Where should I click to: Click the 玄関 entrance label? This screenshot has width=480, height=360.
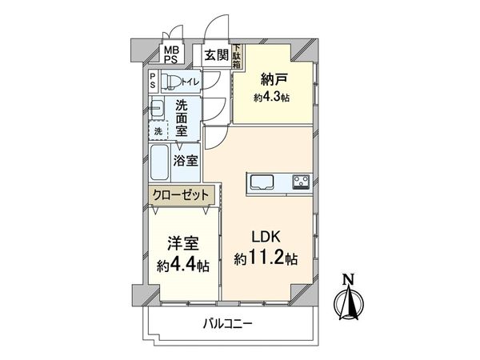click(215, 55)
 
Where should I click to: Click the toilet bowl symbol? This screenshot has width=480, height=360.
click(170, 82)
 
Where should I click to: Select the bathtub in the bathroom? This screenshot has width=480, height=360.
click(159, 164)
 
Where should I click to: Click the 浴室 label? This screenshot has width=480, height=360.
click(187, 161)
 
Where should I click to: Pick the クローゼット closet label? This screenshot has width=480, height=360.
click(180, 194)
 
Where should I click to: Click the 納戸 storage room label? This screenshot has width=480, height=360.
click(271, 80)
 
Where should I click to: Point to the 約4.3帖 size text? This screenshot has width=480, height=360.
click(271, 97)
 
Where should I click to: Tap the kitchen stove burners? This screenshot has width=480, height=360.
click(301, 181)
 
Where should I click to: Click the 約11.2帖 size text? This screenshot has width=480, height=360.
click(267, 258)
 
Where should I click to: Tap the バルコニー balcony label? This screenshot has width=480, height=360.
click(227, 324)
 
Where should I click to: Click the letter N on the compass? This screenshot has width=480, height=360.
click(347, 279)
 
